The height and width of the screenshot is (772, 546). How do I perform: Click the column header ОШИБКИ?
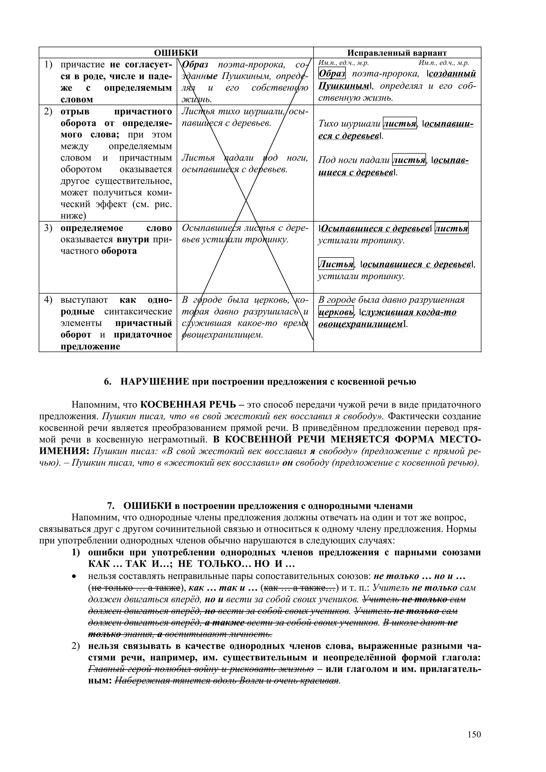click(x=176, y=53)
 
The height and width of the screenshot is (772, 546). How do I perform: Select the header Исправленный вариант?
click(x=397, y=53)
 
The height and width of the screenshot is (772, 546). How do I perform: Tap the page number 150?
click(x=474, y=734)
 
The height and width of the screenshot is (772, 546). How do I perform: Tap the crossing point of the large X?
click(x=246, y=199)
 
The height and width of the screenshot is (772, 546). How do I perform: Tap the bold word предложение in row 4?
click(x=90, y=346)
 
